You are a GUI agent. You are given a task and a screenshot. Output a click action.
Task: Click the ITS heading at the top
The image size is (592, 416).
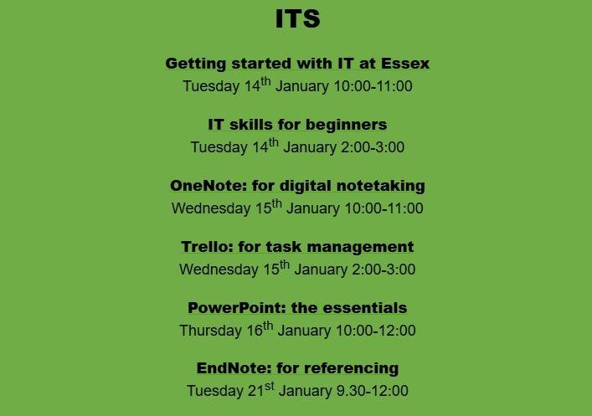click(x=297, y=19)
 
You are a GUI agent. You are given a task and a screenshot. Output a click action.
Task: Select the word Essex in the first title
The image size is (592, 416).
click(x=405, y=64)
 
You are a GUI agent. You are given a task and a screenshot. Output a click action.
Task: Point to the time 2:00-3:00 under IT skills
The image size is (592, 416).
click(x=374, y=147)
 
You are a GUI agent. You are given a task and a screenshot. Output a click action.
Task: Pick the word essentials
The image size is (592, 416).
click(x=363, y=307)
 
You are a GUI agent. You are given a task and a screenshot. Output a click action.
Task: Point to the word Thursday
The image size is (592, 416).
click(x=210, y=331)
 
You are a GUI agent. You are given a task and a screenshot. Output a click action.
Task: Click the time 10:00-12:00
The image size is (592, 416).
click(x=377, y=331)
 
